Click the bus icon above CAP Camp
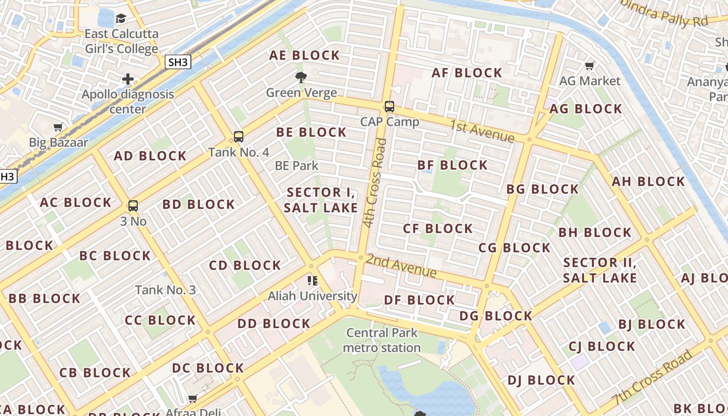[x=389, y=107]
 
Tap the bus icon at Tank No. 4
[x=238, y=137]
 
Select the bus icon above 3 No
[x=133, y=205]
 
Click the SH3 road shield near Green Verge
[x=178, y=62]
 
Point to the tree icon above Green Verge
[x=301, y=78]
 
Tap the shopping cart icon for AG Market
[x=590, y=66]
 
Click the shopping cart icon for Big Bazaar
[x=58, y=127]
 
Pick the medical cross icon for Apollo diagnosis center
[x=128, y=80]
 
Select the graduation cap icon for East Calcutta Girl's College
[x=121, y=19]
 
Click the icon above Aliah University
[x=313, y=281]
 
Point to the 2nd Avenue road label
[x=401, y=266]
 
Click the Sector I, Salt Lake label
[x=321, y=200]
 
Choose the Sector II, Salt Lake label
[x=600, y=270]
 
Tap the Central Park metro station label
[x=382, y=340]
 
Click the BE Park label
[x=296, y=166]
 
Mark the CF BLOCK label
[x=438, y=229]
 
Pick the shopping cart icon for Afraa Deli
[x=193, y=398]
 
